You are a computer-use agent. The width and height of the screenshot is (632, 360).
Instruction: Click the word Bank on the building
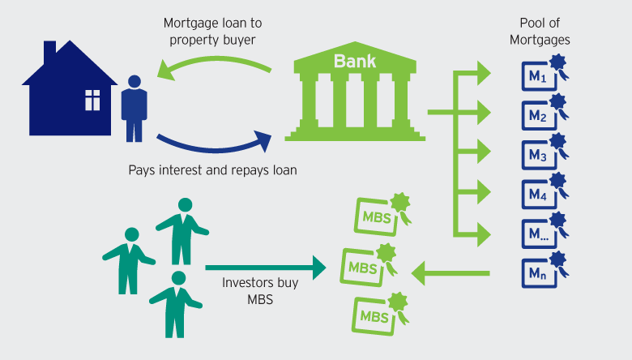point(356,60)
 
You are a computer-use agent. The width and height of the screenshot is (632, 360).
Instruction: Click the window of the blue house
point(92,100)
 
